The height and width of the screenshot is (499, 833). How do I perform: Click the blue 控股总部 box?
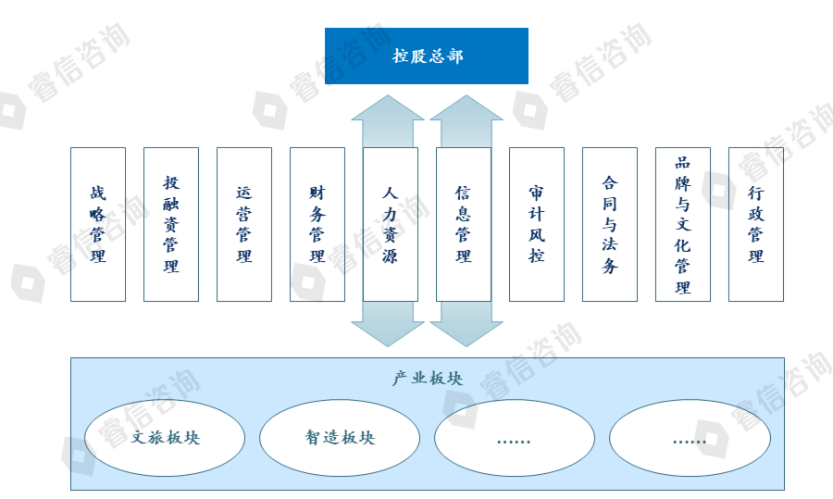click(x=426, y=56)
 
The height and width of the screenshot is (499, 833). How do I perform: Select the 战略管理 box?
click(x=98, y=224)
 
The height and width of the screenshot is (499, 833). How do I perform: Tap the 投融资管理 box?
click(x=171, y=224)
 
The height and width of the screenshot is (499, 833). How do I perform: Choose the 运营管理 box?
click(x=244, y=224)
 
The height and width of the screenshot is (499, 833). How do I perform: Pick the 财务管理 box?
click(x=317, y=224)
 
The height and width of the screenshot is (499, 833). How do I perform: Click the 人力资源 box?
click(x=390, y=224)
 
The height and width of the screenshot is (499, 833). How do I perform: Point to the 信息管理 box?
click(x=464, y=224)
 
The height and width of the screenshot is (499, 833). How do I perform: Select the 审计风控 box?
click(x=537, y=224)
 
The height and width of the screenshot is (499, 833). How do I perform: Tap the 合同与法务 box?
click(x=610, y=224)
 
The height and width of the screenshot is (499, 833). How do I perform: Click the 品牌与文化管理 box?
click(x=683, y=224)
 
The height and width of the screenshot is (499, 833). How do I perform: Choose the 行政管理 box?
click(x=756, y=224)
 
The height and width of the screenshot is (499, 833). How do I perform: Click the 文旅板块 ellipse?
click(x=165, y=438)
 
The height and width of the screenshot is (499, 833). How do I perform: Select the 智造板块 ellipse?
click(x=340, y=438)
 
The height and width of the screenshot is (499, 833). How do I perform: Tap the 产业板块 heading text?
click(x=427, y=379)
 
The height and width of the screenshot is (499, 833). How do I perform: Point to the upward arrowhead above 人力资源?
click(x=388, y=108)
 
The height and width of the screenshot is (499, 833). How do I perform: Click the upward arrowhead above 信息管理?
click(x=466, y=108)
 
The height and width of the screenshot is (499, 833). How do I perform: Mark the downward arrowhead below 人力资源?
click(x=388, y=333)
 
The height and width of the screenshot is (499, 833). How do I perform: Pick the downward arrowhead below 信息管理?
click(x=466, y=333)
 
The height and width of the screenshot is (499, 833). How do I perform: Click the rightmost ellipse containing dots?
click(x=690, y=438)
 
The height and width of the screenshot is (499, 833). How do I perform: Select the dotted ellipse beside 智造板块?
click(x=515, y=438)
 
